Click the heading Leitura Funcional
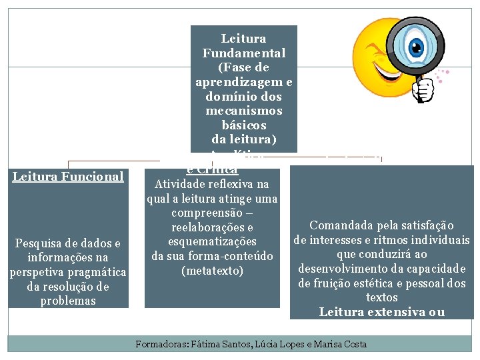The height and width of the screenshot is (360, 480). tap(68, 177)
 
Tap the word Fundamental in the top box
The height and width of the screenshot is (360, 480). tap(244, 53)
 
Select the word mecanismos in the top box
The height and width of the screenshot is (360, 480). tap(244, 111)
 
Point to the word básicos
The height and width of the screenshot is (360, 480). tap(244, 125)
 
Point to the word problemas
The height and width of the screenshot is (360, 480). tap(68, 301)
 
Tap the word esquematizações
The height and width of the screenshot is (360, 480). tap(212, 241)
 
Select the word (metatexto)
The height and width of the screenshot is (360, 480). tap(212, 271)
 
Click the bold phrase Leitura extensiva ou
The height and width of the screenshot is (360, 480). tap(381, 311)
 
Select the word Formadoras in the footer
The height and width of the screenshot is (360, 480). tap(161, 344)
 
